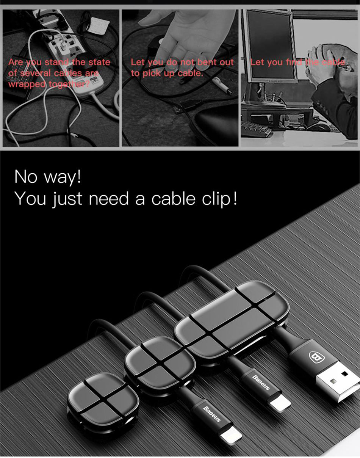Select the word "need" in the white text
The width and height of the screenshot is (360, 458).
(x=108, y=198)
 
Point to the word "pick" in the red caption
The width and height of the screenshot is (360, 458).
(x=152, y=74)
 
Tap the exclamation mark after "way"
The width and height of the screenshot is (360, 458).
(x=79, y=176)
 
